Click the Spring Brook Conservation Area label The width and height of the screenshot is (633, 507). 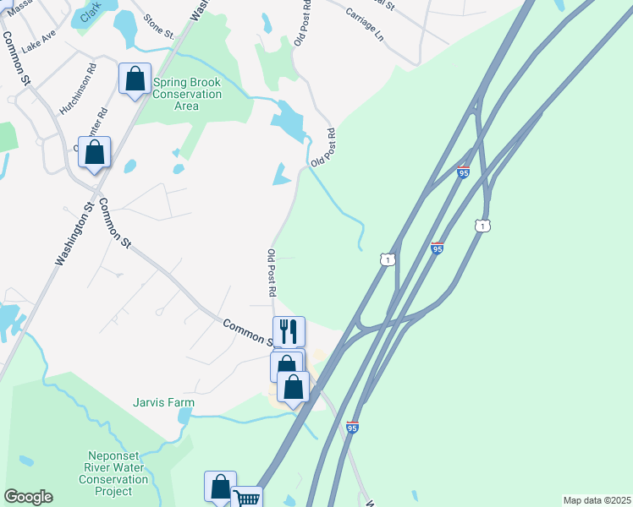point(186,95)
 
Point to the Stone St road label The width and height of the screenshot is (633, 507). point(158,27)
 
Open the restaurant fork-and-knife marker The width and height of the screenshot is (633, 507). point(289,331)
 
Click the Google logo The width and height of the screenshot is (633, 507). point(28,497)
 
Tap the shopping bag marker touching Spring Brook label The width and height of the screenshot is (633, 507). point(135,79)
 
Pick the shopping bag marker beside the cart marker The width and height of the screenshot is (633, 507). point(220,488)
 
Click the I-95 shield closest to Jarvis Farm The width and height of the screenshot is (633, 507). point(353,428)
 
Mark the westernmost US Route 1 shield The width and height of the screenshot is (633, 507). point(387,260)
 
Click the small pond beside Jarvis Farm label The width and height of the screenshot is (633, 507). point(184,417)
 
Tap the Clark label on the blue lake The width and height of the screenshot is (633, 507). point(91,16)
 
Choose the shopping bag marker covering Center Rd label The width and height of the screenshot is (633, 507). point(95,153)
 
